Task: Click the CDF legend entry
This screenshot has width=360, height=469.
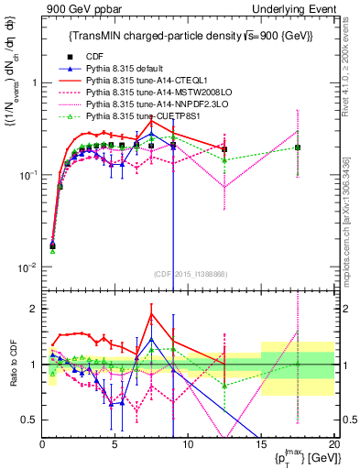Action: tap(95, 56)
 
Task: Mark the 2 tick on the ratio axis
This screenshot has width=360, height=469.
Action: tap(33, 309)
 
